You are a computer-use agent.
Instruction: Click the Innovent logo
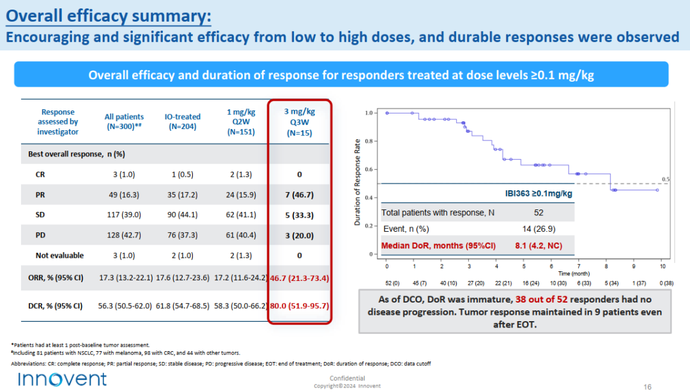click(x=62, y=379)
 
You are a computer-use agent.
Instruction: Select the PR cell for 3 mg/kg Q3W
click(x=299, y=195)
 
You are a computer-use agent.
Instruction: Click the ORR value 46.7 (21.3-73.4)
click(x=299, y=278)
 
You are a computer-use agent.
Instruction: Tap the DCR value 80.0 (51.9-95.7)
click(x=299, y=306)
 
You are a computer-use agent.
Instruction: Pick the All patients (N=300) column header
click(x=124, y=121)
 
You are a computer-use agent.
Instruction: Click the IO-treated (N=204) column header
click(x=183, y=121)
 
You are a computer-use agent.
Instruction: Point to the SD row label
click(x=40, y=215)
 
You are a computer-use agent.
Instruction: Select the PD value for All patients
click(x=124, y=236)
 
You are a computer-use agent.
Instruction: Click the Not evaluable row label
click(x=59, y=255)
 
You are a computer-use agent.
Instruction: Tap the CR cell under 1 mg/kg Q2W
click(x=241, y=175)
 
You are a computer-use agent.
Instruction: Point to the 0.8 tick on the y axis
click(x=369, y=141)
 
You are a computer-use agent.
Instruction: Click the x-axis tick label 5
click(x=524, y=266)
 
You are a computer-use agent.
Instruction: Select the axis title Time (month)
click(x=574, y=274)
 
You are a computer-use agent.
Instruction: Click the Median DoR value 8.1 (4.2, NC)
click(x=539, y=246)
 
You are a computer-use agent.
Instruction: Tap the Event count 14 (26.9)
click(x=539, y=229)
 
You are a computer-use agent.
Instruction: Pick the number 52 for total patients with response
click(x=539, y=213)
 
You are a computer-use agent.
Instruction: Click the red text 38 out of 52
click(x=541, y=299)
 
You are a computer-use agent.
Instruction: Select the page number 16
click(x=647, y=387)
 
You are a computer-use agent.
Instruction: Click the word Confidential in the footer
click(x=347, y=379)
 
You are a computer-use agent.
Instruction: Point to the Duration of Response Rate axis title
click(x=357, y=182)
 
